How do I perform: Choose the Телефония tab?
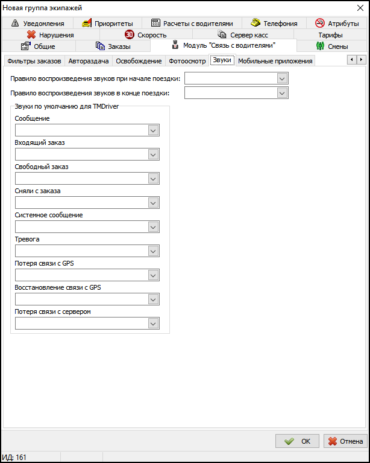click(274, 24)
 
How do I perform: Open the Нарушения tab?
click(51, 35)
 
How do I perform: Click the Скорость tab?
click(146, 35)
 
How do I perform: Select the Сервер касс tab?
click(243, 35)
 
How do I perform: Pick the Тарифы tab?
click(330, 35)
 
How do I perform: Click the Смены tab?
click(332, 46)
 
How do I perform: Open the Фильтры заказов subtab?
click(34, 61)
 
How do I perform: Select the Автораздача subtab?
click(89, 61)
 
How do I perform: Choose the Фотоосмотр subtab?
click(186, 61)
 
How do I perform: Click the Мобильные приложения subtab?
click(275, 61)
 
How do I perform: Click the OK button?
click(297, 441)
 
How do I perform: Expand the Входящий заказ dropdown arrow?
click(153, 155)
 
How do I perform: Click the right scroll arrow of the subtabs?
click(361, 59)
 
